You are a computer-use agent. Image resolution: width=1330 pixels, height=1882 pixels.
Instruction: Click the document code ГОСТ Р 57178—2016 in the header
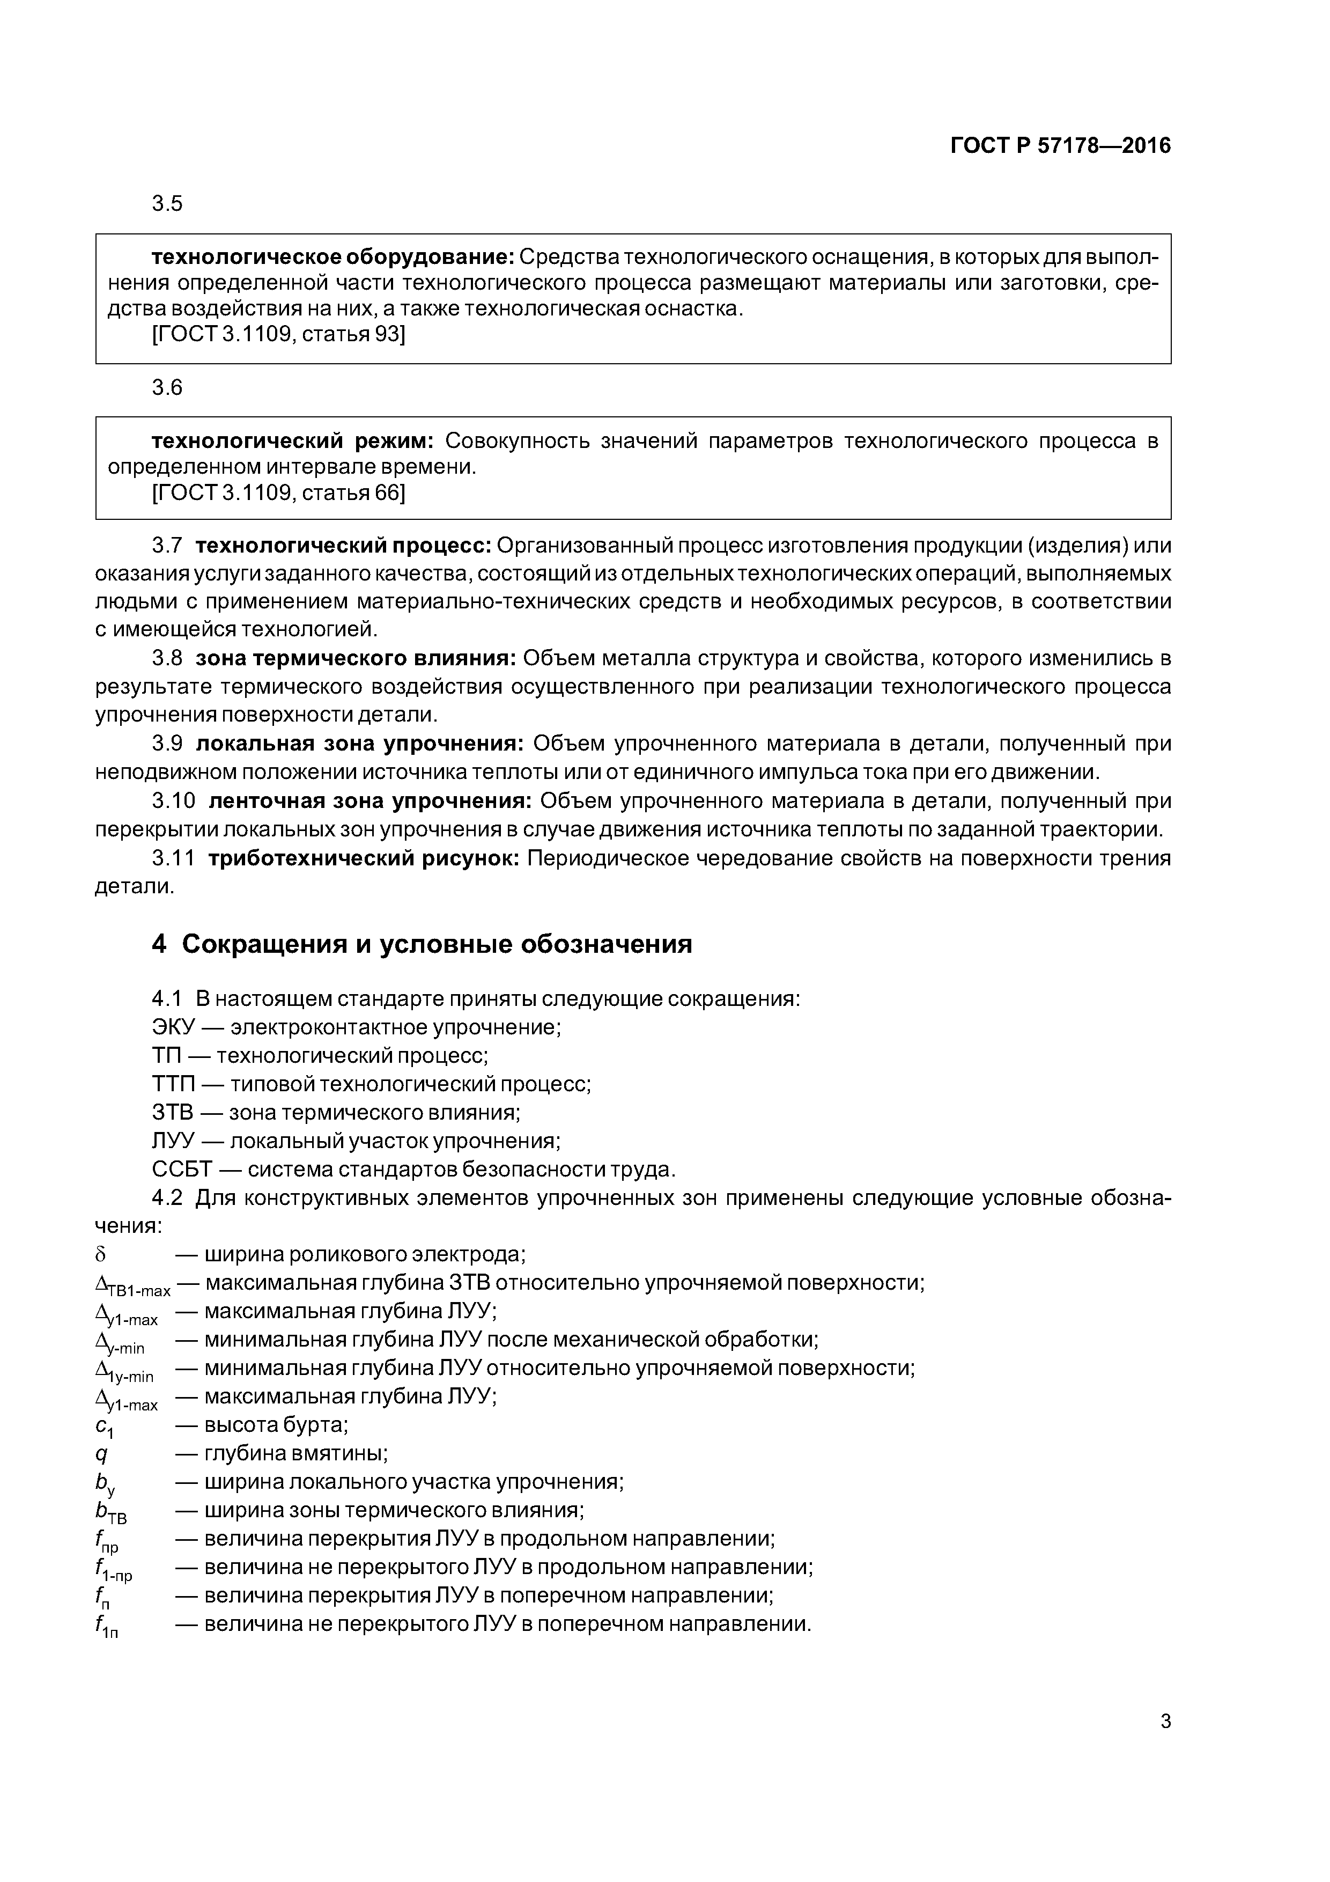pyautogui.click(x=1060, y=146)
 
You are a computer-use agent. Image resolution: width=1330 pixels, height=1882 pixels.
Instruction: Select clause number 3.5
pyautogui.click(x=167, y=203)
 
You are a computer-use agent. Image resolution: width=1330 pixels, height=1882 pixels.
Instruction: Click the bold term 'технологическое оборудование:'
pyautogui.click(x=332, y=258)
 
